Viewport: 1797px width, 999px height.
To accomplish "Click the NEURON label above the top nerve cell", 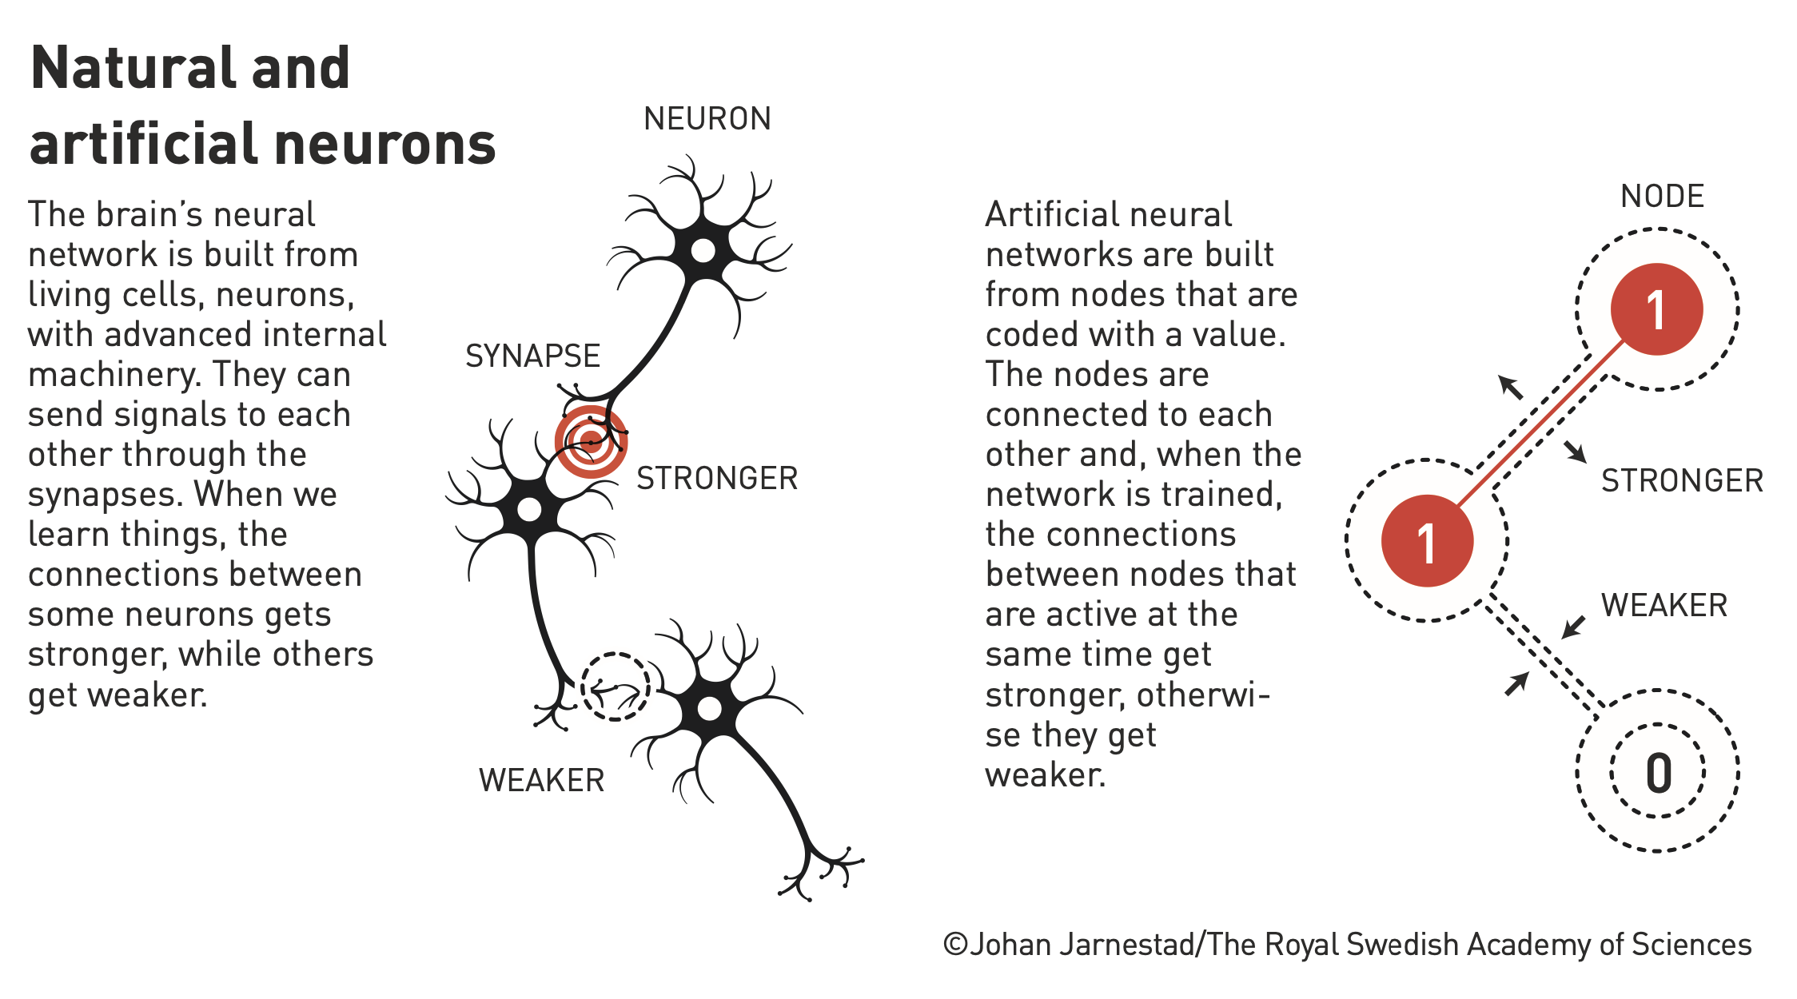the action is (x=707, y=119).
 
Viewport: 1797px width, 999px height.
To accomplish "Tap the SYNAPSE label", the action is (x=532, y=356).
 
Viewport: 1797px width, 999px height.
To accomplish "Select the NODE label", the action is (x=1663, y=197).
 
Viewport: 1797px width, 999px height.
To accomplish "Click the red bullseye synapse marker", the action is (x=591, y=442).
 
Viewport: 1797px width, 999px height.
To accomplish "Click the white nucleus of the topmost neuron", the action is (x=703, y=251).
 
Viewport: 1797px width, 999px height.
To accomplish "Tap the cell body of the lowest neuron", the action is (x=710, y=707).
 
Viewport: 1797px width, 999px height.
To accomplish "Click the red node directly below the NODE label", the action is (x=1656, y=309).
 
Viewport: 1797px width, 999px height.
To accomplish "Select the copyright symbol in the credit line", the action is (x=956, y=945).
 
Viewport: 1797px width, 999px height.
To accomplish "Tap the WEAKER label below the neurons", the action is (x=542, y=781).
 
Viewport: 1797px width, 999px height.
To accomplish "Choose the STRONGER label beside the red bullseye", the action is (x=717, y=479).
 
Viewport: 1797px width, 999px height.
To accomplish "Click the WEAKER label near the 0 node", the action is (x=1664, y=606).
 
